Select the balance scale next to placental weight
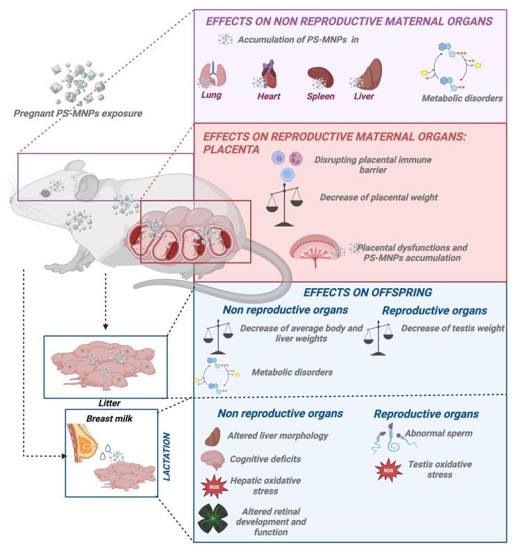[x=285, y=203]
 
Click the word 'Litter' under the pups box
[x=101, y=403]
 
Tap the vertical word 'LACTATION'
[x=167, y=455]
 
